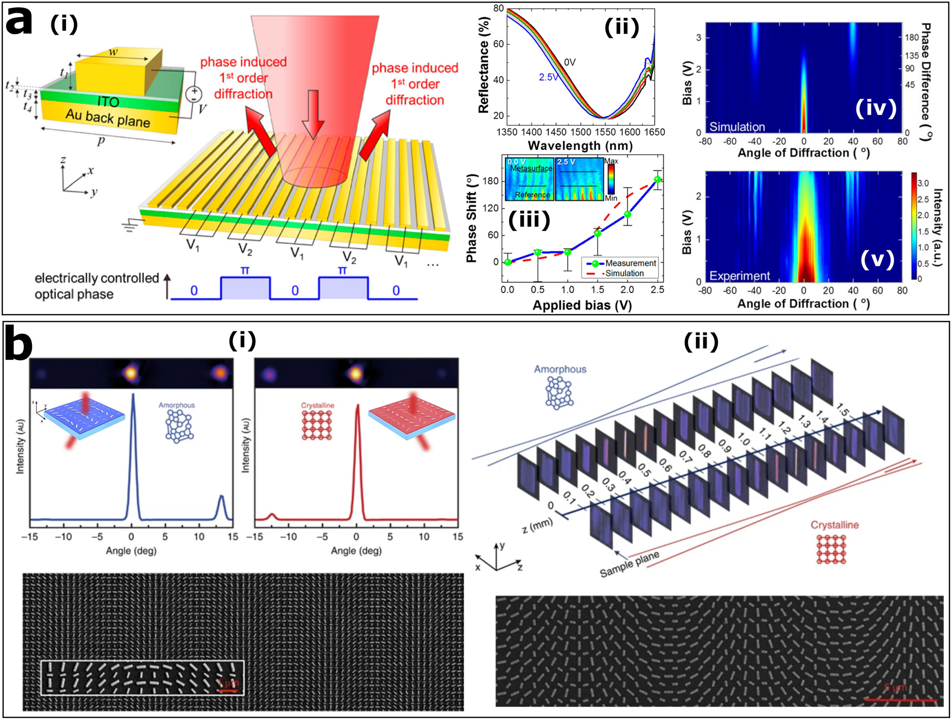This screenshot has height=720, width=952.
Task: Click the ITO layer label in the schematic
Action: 108,102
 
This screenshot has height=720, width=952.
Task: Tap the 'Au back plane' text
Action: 108,119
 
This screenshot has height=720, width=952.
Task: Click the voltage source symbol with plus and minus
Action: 194,94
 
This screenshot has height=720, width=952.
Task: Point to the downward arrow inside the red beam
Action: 313,114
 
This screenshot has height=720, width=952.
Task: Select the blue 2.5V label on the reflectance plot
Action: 549,77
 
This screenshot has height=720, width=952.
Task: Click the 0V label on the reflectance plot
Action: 570,62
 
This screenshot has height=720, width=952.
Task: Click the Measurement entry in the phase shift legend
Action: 630,263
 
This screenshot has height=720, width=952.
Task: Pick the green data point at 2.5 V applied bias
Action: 657,179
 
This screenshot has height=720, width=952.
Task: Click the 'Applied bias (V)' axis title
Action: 582,305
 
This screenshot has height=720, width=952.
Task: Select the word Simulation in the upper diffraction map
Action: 737,127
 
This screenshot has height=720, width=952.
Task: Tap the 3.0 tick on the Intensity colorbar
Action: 923,183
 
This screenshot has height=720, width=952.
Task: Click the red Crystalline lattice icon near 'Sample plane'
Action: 831,549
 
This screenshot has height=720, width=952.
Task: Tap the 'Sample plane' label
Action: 629,564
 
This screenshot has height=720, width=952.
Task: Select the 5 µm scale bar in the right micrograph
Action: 900,699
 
